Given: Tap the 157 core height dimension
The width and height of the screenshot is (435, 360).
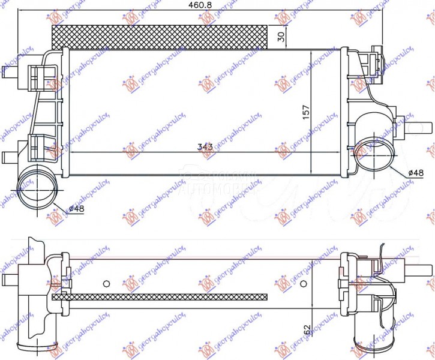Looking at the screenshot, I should tap(306, 112).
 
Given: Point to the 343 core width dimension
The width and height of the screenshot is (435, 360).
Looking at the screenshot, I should tap(205, 147).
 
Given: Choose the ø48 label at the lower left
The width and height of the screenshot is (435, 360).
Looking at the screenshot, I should tap(76, 208).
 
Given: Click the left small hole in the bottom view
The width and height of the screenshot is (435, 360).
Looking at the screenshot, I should tap(106, 283).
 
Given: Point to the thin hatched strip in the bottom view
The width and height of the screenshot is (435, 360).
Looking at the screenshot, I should tap(159, 296).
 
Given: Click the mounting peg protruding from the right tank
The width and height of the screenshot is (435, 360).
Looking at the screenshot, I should tap(424, 128).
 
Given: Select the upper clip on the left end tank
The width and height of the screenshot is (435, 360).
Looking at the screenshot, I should tap(37, 74).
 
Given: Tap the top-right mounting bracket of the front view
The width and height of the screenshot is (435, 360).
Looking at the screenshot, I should tap(374, 58).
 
